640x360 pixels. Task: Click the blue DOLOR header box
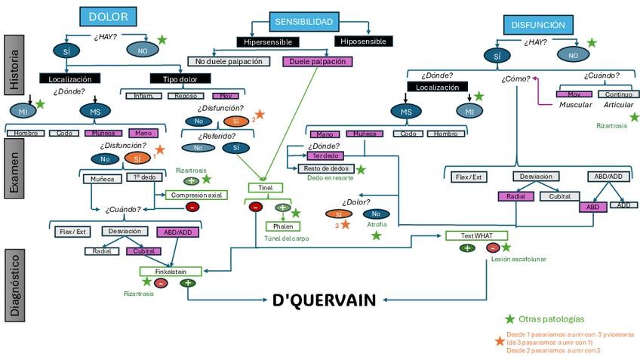[x=108, y=17]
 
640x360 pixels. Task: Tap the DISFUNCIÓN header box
[x=537, y=25]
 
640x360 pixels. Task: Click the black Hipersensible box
[x=267, y=42]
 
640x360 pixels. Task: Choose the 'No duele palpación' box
[x=229, y=61]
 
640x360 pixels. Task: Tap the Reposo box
[x=186, y=96]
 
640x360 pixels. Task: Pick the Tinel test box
[x=265, y=187]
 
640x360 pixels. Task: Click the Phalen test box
[x=282, y=226]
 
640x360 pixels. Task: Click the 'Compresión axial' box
[x=196, y=195]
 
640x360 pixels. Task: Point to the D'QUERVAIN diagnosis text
[x=324, y=300]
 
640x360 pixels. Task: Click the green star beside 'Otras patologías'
[x=509, y=319]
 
